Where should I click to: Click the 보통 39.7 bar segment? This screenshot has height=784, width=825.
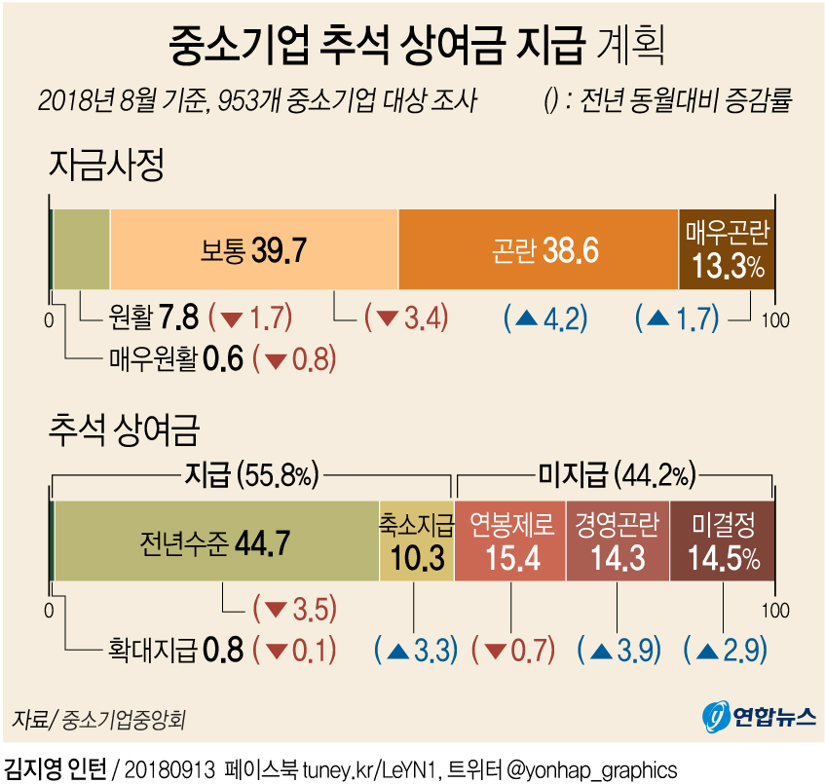pos(253,250)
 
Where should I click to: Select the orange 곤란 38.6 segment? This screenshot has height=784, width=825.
pos(538,250)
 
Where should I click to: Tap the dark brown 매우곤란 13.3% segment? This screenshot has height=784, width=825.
pos(727,250)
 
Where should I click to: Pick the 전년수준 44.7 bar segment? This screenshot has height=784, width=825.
pos(216,541)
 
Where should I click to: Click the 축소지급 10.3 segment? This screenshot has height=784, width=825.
pos(417,541)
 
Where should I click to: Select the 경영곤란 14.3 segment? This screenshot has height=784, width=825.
pos(617,541)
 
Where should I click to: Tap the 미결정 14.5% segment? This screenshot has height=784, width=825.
pos(724,541)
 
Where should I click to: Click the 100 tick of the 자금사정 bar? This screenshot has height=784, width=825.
pos(776,318)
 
